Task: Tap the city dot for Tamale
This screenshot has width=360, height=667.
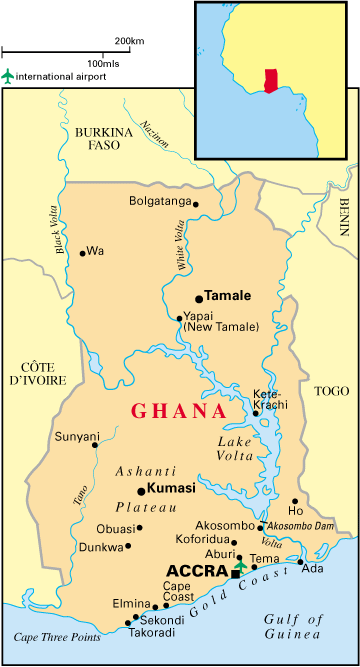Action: [x=198, y=298]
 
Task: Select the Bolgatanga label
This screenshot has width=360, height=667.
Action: [x=159, y=201]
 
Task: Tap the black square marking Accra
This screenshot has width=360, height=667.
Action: [x=236, y=573]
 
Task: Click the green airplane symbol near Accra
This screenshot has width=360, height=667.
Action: [x=240, y=565]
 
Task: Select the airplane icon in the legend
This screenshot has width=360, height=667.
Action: [x=9, y=76]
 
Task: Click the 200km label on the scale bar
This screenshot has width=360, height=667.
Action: [x=129, y=41]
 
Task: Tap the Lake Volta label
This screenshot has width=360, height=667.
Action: [x=239, y=450]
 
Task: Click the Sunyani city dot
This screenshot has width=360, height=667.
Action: [x=96, y=446]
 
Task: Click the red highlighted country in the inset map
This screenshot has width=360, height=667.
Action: [x=269, y=81]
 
